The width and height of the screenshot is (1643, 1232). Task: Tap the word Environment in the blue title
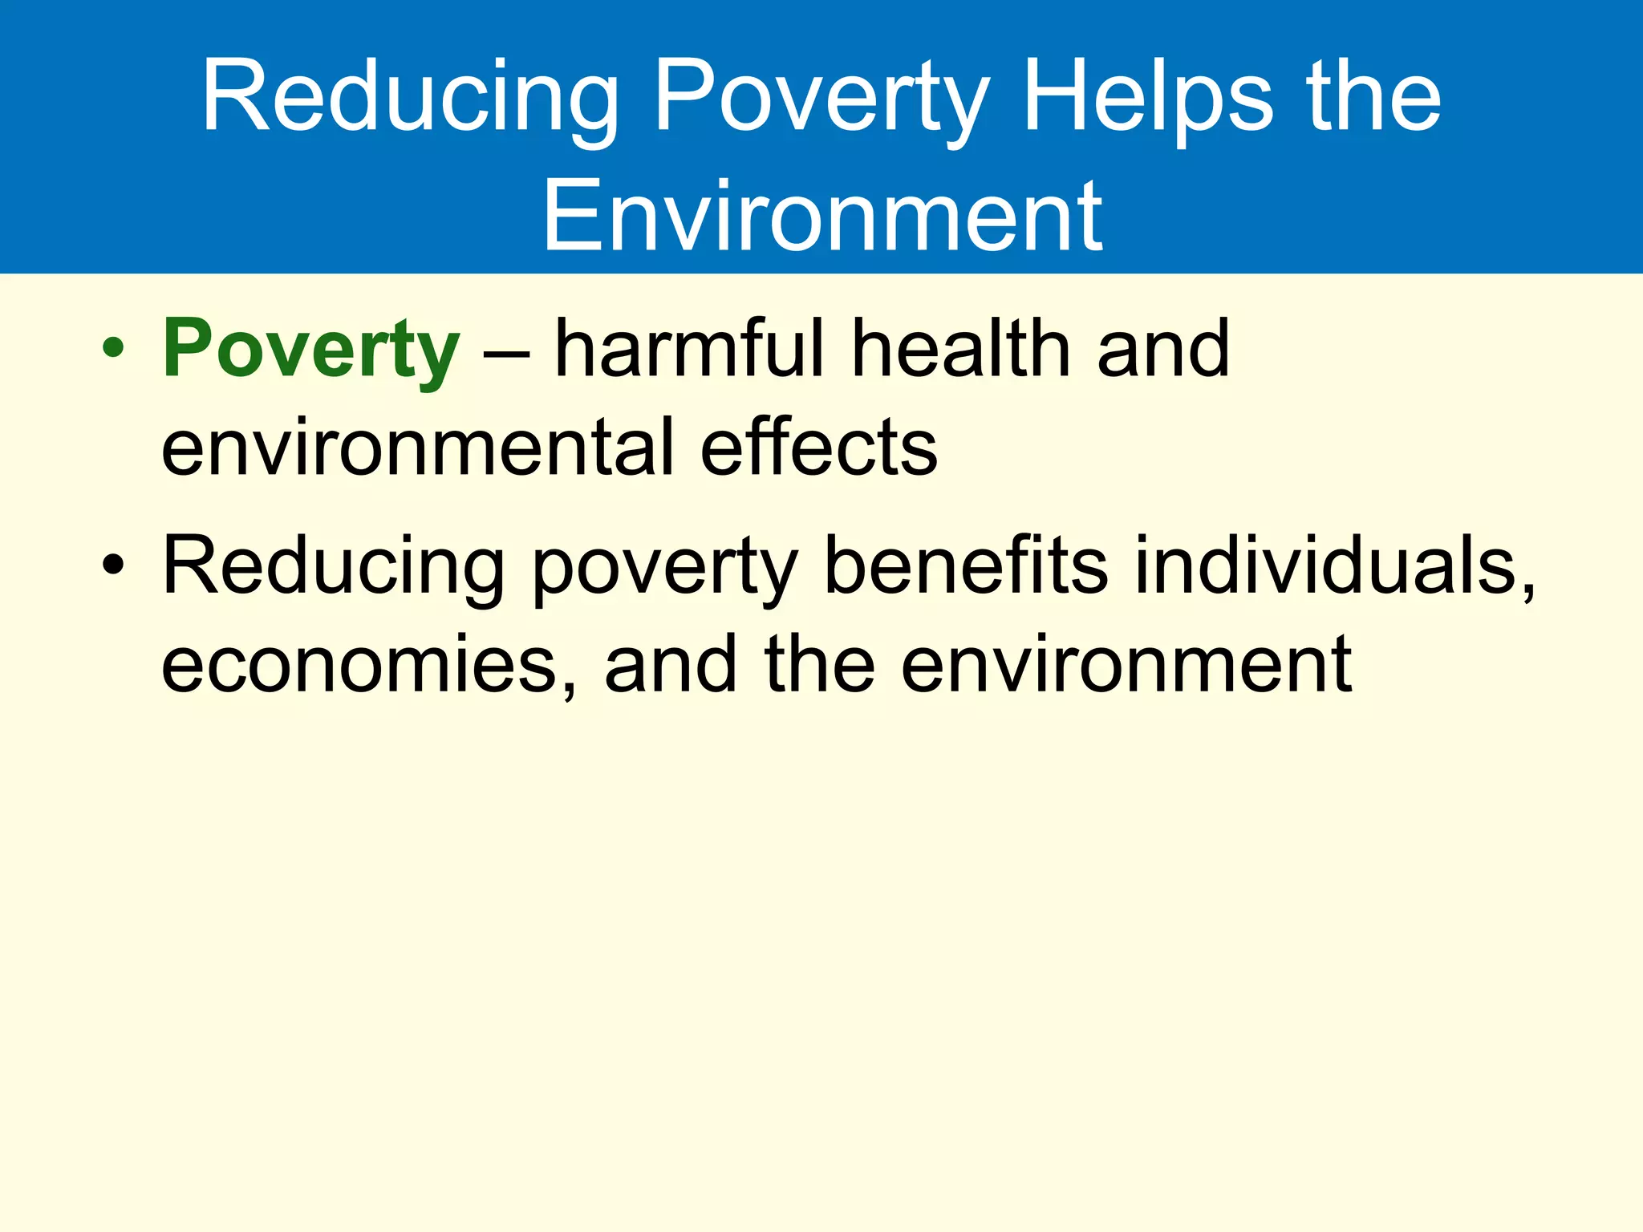pos(822,216)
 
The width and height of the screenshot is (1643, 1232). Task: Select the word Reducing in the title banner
pos(410,98)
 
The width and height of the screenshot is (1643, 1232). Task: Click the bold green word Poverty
pos(311,349)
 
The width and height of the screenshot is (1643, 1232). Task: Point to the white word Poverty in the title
pos(821,98)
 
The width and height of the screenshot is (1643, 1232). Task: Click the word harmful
pos(690,349)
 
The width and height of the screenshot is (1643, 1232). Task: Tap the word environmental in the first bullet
pos(417,447)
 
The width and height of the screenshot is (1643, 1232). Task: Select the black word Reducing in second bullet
pos(333,566)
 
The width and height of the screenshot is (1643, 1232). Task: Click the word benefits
pos(966,566)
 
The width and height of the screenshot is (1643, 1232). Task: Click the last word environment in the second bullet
pos(1126,665)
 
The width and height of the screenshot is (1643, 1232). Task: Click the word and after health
pos(1162,349)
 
